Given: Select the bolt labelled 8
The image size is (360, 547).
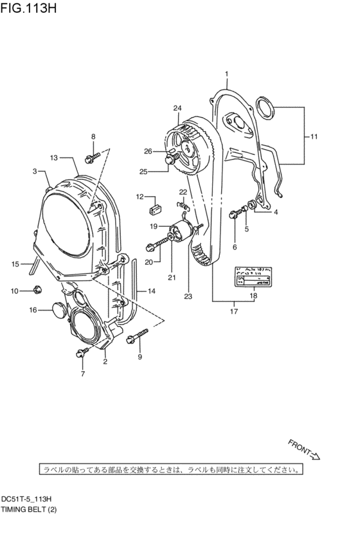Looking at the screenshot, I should coord(91,155).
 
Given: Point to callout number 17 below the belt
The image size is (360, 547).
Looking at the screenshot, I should coord(234,312).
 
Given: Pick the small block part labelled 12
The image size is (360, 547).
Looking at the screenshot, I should coord(154,208).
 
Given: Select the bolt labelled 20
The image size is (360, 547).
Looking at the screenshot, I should coord(156,244).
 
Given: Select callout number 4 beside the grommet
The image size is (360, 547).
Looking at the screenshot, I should coord(275,211).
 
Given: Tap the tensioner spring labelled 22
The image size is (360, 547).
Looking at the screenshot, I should coord(183,205).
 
